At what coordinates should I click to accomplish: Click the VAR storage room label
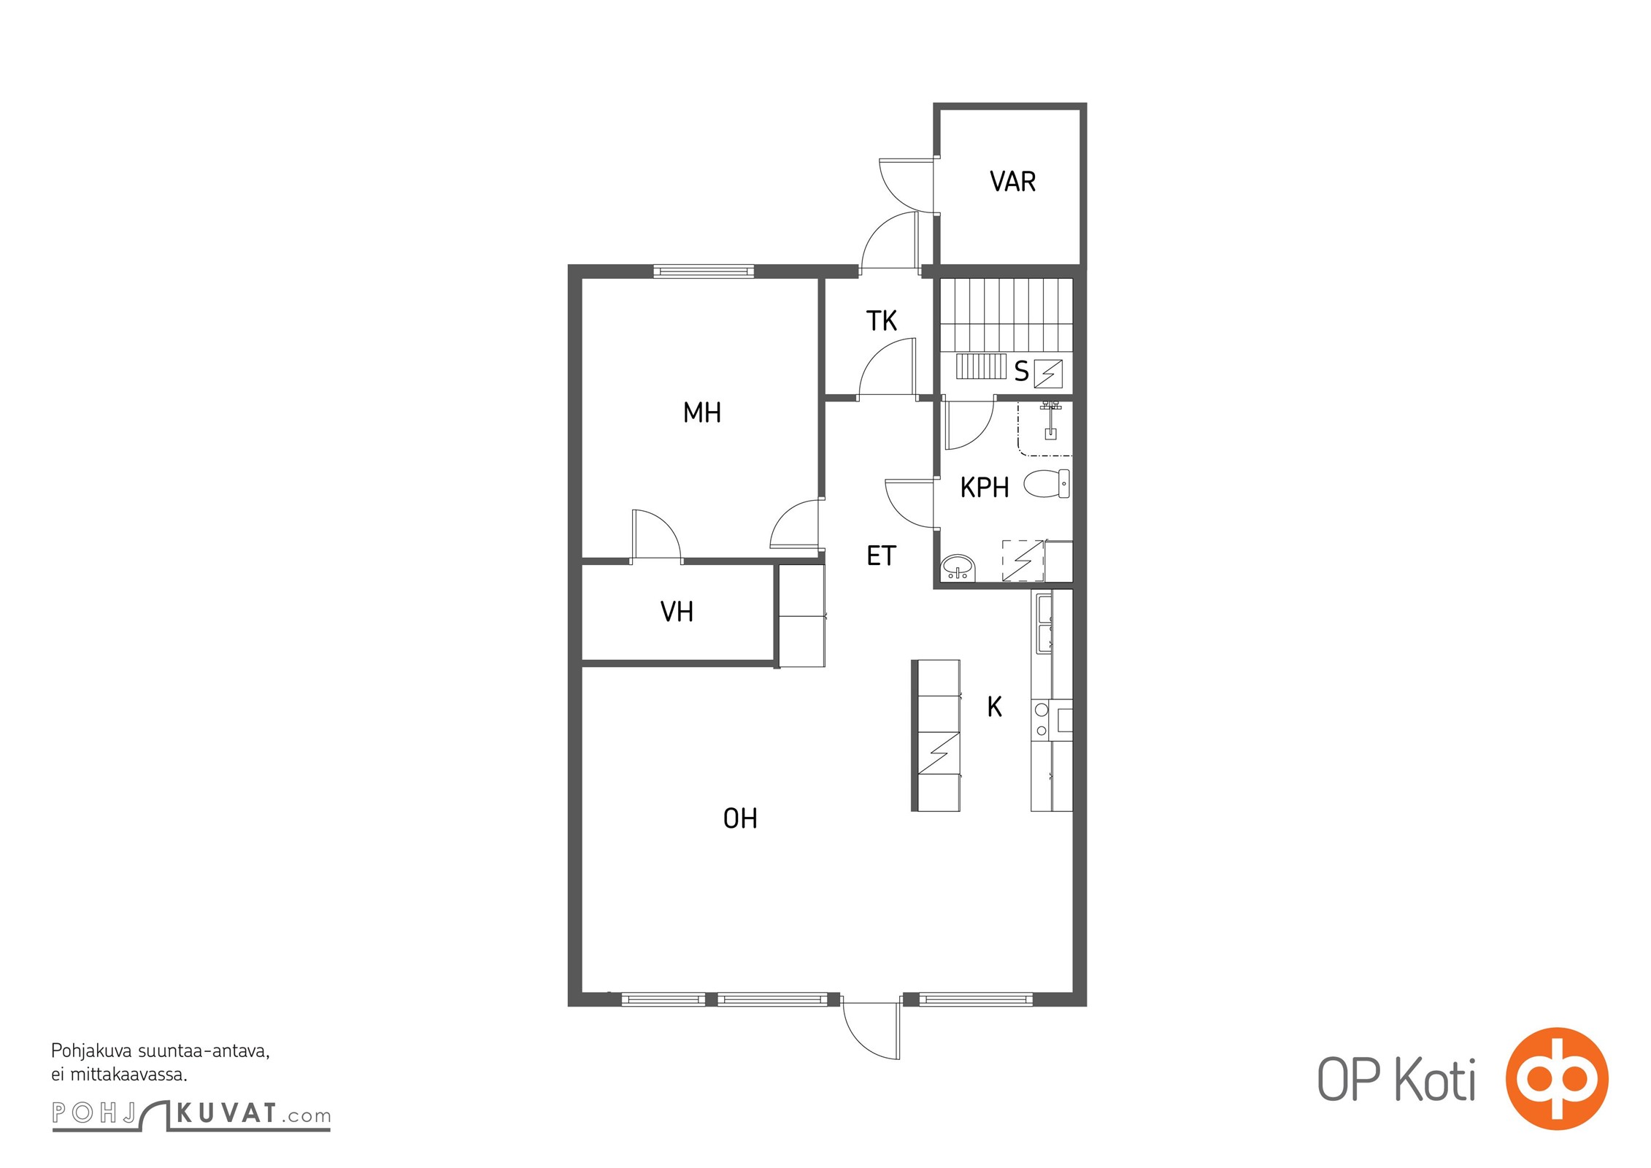[x=1012, y=181]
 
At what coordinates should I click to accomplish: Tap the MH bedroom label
[x=701, y=412]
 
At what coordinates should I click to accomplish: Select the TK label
[x=881, y=320]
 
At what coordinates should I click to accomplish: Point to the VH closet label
[x=677, y=612]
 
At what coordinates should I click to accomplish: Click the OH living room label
[x=740, y=818]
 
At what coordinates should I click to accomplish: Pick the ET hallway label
[x=881, y=556]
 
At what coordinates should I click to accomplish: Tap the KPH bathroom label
[x=985, y=487]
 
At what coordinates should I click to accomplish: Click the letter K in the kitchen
[x=994, y=707]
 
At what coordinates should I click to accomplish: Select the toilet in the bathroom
[x=1047, y=483]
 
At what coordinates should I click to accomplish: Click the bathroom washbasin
[x=958, y=567]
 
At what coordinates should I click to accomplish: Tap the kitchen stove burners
[x=1042, y=720]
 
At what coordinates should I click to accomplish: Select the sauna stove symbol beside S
[x=1048, y=374]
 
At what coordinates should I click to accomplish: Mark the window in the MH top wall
[x=703, y=272]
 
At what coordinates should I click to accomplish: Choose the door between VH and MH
[x=657, y=536]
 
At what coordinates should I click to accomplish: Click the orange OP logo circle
[x=1557, y=1078]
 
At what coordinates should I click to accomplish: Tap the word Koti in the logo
[x=1435, y=1080]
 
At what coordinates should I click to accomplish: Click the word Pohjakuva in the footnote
[x=91, y=1052]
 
